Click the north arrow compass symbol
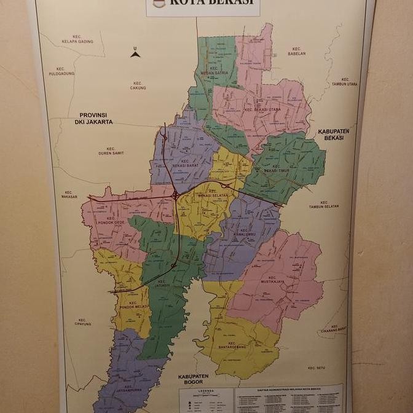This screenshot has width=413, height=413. tap(135, 53)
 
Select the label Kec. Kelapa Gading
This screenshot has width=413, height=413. tap(76, 39)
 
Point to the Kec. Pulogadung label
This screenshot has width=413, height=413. tap(61, 71)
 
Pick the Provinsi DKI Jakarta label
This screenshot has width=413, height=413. tap(95, 118)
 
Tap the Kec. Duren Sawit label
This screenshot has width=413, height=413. tap(111, 151)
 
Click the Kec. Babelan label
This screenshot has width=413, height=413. tap(296, 50)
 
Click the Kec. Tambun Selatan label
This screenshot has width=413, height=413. tap(332, 204)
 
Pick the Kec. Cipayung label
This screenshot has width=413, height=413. tap(82, 322)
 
